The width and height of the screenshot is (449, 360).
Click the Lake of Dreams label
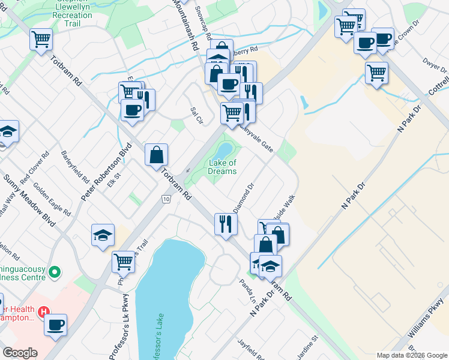(222, 167)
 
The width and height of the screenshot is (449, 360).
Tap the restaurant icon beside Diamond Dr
(226, 224)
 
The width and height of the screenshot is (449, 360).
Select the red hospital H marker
(43, 312)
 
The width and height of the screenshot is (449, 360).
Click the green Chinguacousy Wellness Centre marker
(55, 273)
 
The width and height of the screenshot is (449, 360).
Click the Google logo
(20, 353)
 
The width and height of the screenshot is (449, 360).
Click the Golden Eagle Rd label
(52, 200)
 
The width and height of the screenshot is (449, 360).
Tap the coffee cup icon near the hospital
(55, 325)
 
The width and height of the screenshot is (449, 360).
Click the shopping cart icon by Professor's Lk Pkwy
(123, 262)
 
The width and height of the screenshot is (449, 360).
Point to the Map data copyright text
(411, 355)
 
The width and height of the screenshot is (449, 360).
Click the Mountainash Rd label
(186, 24)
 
